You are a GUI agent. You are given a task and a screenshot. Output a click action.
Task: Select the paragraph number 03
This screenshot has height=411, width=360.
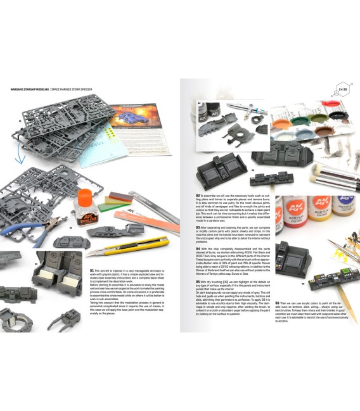point(197,226)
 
